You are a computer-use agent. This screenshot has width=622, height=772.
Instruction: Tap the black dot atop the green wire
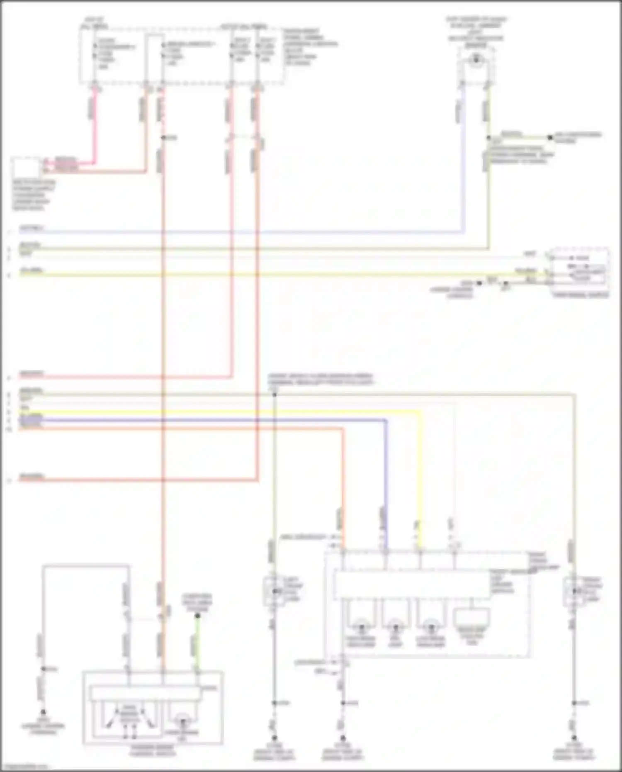[x=197, y=616]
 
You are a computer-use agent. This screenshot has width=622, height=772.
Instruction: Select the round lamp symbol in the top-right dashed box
[x=476, y=61]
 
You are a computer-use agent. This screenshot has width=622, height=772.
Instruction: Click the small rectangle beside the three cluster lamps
[x=472, y=618]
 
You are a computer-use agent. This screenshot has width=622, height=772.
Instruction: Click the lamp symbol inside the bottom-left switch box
[x=182, y=722]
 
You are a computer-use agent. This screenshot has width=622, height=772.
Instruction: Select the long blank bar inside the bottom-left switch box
[x=145, y=694]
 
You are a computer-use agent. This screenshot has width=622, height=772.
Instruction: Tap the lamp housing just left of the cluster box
[x=273, y=591]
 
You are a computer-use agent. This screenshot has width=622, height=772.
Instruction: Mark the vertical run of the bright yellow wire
[x=420, y=477]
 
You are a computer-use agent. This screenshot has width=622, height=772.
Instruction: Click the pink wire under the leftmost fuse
[x=95, y=124]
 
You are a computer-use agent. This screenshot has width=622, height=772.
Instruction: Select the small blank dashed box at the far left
[x=26, y=168]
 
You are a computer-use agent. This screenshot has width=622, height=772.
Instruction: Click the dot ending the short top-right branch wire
[x=550, y=137]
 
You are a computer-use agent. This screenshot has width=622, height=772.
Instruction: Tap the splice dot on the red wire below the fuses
[x=164, y=137]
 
